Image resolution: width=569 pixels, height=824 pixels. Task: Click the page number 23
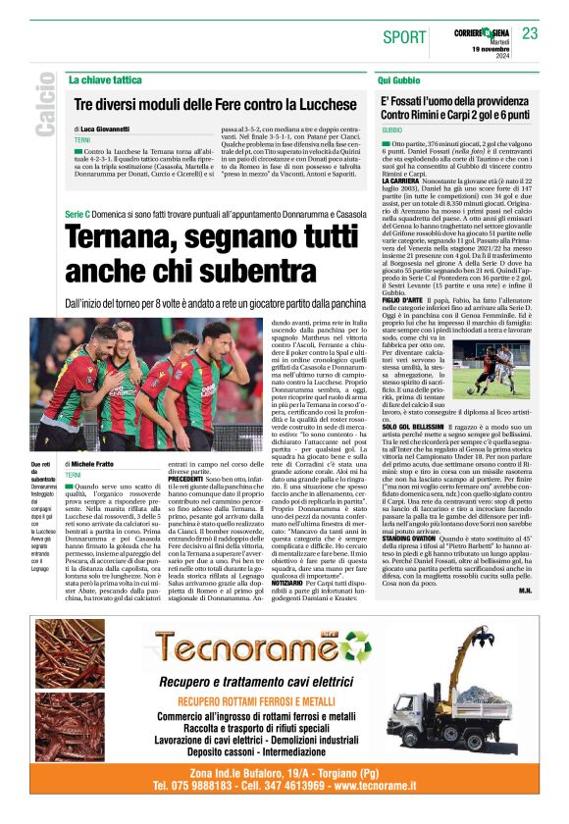[x=530, y=33]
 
